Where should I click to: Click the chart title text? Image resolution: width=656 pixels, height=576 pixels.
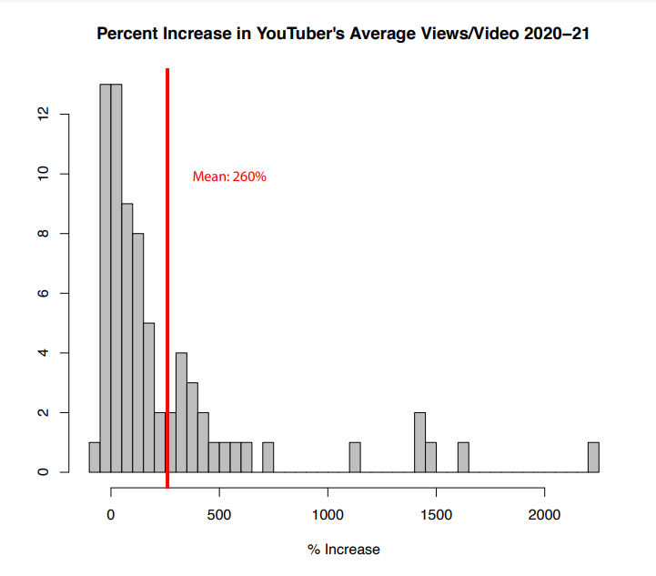pos(343,34)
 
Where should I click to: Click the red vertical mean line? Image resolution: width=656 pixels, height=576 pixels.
pos(167,278)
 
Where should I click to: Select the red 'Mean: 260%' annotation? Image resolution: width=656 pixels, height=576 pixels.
pos(229,177)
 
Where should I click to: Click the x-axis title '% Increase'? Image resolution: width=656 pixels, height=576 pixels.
pos(344,550)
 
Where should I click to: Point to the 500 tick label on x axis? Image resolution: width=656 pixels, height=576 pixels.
pos(219,514)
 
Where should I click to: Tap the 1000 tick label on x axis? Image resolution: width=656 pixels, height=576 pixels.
pos(328,514)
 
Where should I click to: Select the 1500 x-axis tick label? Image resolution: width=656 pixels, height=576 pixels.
pos(436,514)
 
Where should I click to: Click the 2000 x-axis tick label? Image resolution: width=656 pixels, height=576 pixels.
pos(544,514)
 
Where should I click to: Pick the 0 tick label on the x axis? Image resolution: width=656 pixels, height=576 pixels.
pos(110,514)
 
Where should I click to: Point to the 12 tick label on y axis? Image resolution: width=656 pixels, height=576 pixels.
pos(43,114)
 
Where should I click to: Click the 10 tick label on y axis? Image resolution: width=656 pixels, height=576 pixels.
pos(43,174)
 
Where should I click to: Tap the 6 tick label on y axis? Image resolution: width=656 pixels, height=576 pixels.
pos(43,293)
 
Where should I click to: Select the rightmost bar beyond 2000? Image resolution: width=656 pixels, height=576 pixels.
pos(593,457)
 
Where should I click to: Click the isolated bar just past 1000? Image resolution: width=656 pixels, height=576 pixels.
pos(355,457)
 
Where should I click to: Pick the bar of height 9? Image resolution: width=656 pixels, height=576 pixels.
pos(127,338)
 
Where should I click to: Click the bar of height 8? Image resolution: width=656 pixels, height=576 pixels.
pos(138,353)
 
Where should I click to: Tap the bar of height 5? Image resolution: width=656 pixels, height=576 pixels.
pos(149,398)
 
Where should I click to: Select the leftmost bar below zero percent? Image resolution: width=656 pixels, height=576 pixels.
pos(95,457)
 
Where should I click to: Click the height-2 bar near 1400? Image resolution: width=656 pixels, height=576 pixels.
pos(420,442)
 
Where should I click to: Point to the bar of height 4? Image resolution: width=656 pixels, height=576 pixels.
pos(182,412)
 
